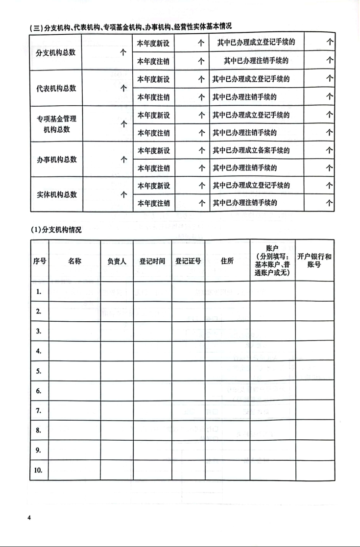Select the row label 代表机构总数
coord(56,88)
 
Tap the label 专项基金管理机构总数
coord(56,124)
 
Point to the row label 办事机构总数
coord(56,160)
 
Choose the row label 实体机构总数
coord(56,194)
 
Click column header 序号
coord(40,261)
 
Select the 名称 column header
coord(75,261)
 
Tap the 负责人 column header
coord(117,261)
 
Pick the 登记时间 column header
coord(152,261)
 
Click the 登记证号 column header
coord(188,261)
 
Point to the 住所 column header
coord(227,261)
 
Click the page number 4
coord(29,518)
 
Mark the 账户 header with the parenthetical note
coord(272,261)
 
